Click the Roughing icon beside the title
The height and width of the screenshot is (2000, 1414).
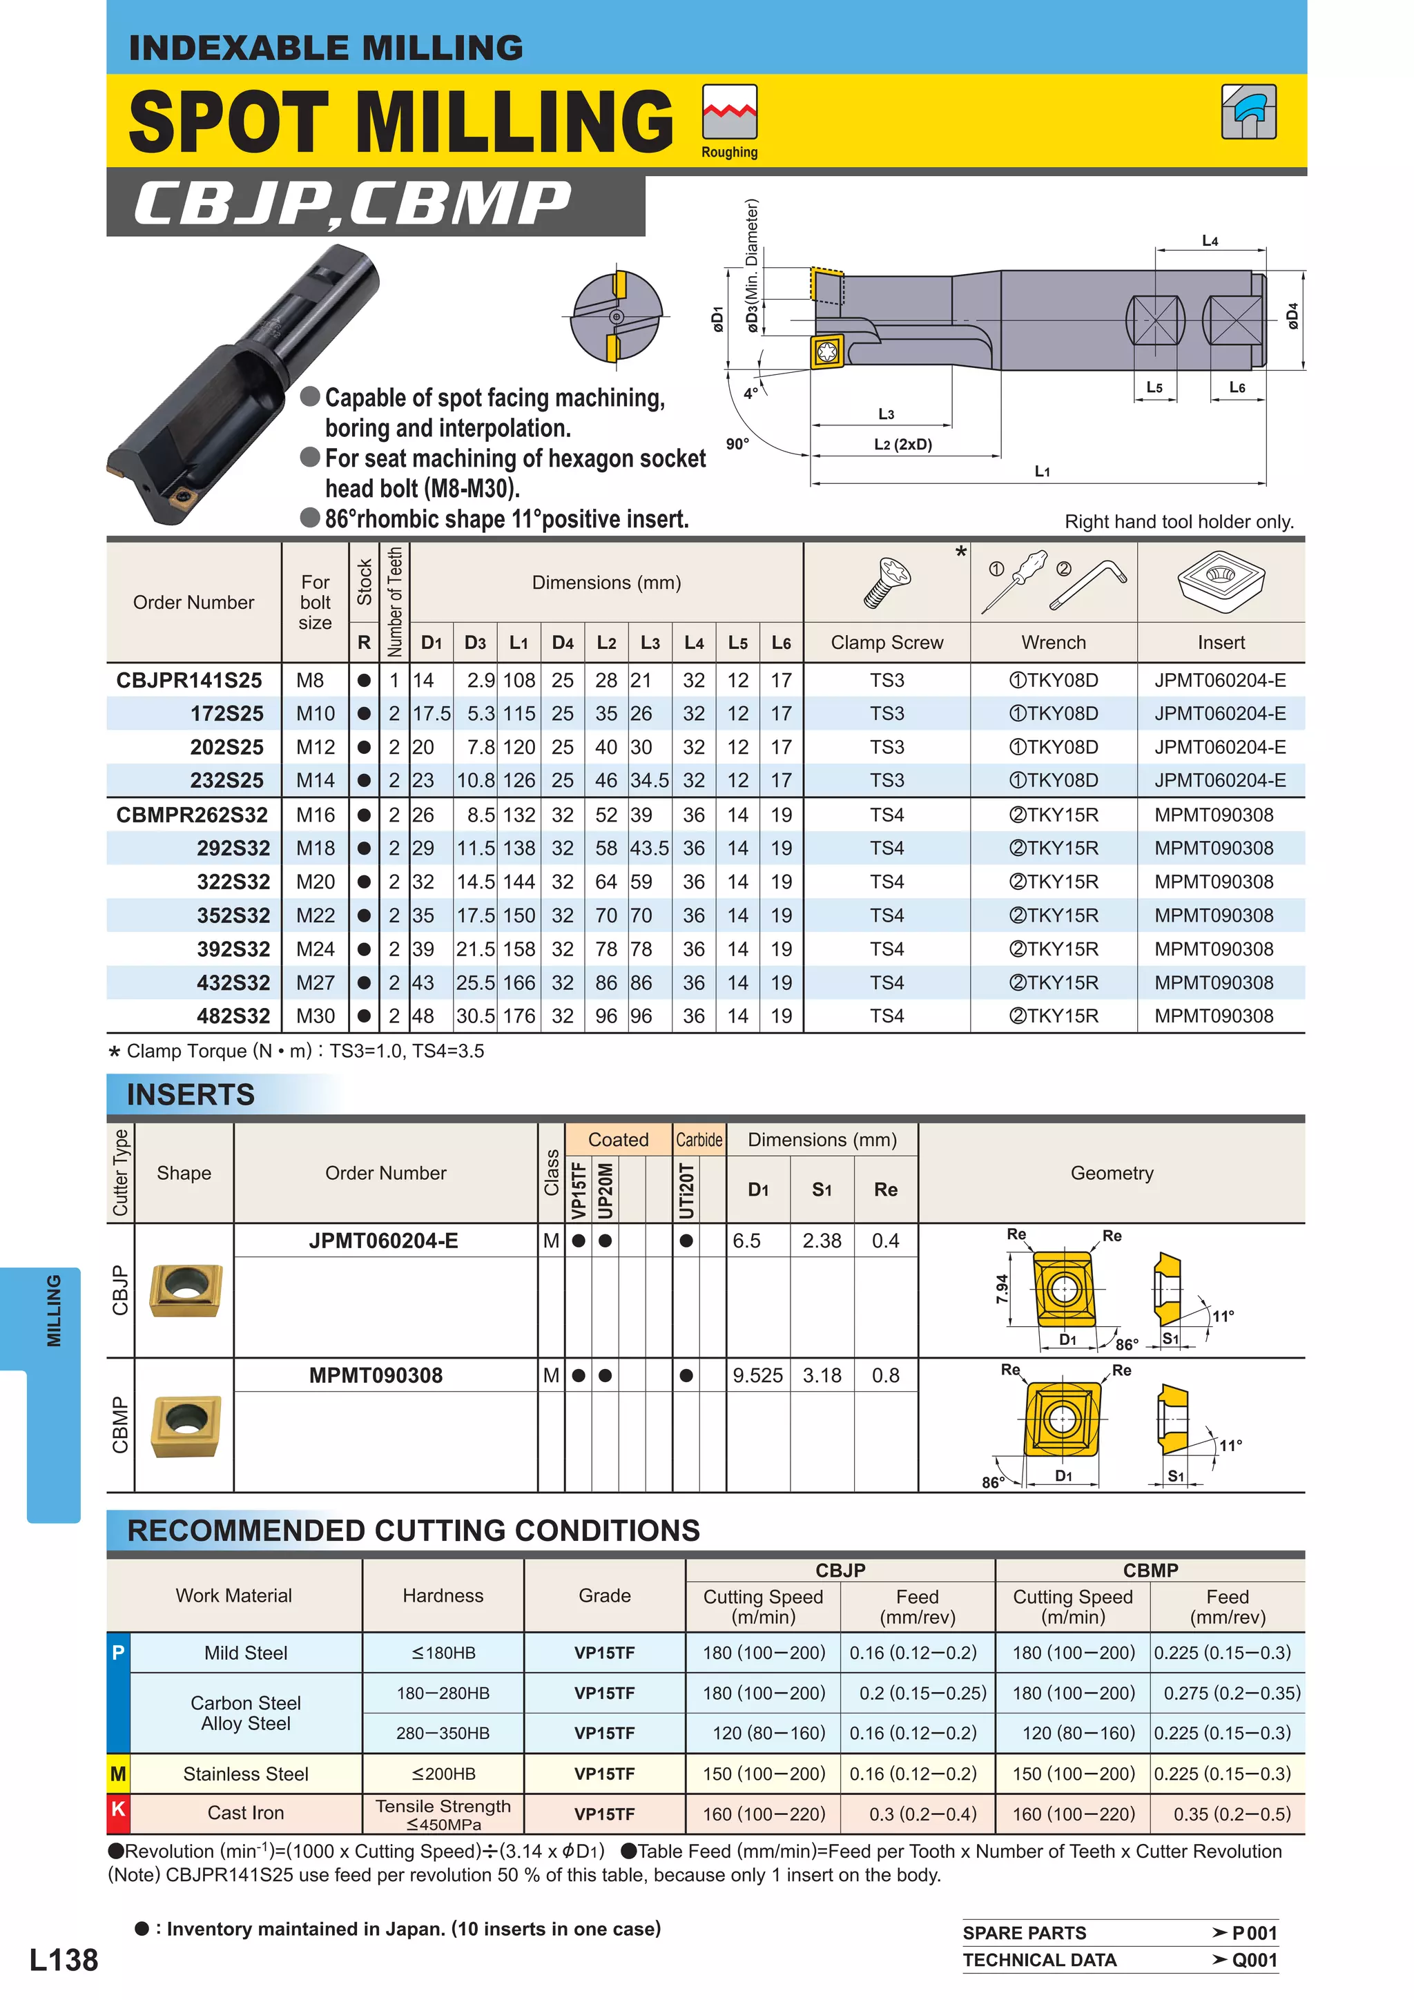pyautogui.click(x=729, y=113)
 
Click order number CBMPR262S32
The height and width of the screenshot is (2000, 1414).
pyautogui.click(x=193, y=815)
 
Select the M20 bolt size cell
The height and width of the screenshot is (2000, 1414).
pyautogui.click(x=315, y=882)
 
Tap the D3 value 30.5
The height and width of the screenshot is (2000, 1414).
pyautogui.click(x=476, y=1016)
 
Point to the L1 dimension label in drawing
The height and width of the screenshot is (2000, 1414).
pyautogui.click(x=1042, y=472)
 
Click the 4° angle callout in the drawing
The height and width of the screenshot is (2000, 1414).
pyautogui.click(x=750, y=394)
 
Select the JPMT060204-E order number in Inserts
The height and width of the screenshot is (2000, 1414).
pyautogui.click(x=383, y=1241)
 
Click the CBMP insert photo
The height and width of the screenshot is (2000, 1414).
pyautogui.click(x=186, y=1425)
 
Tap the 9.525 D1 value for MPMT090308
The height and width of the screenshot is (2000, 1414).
pyautogui.click(x=757, y=1375)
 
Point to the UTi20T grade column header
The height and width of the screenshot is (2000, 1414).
pyautogui.click(x=686, y=1190)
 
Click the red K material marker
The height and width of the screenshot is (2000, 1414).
pyautogui.click(x=117, y=1809)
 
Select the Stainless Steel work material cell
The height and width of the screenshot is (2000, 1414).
pyautogui.click(x=246, y=1774)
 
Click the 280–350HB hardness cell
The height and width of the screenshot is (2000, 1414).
pyautogui.click(x=443, y=1733)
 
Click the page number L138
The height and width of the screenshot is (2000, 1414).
pyautogui.click(x=64, y=1960)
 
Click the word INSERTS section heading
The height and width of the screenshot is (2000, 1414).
pyautogui.click(x=191, y=1094)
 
